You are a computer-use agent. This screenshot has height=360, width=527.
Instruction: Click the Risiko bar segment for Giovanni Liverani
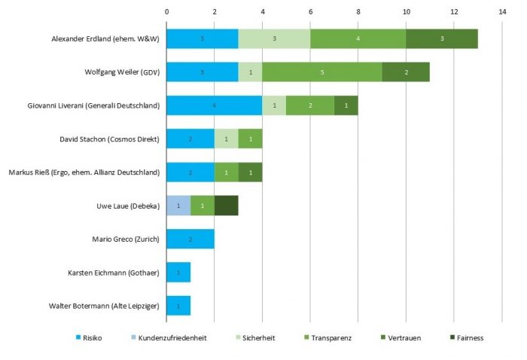click(214, 105)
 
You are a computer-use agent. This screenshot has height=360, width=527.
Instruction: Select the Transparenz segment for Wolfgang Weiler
click(322, 72)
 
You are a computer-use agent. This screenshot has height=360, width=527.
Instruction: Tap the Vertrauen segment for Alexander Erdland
click(442, 38)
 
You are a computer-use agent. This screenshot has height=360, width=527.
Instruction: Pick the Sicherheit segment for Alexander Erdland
click(274, 38)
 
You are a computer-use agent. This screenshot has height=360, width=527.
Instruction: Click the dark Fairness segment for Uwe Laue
click(227, 206)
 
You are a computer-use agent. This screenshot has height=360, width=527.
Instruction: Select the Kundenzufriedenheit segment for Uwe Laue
click(178, 206)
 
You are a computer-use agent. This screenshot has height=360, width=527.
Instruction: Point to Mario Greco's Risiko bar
click(190, 239)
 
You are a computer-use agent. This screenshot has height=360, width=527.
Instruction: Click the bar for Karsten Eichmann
click(178, 273)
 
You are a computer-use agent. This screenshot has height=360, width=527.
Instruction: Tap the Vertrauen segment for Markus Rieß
click(251, 172)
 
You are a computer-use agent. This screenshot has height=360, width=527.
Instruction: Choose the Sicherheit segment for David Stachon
click(227, 139)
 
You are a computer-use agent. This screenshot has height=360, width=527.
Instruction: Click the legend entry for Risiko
click(90, 338)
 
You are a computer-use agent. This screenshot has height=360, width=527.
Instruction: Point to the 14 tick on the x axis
click(501, 12)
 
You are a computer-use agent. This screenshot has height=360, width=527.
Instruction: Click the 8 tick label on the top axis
click(358, 12)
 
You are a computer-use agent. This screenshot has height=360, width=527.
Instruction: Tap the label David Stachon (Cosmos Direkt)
click(110, 139)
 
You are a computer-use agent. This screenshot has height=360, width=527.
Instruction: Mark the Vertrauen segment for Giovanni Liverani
click(346, 105)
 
